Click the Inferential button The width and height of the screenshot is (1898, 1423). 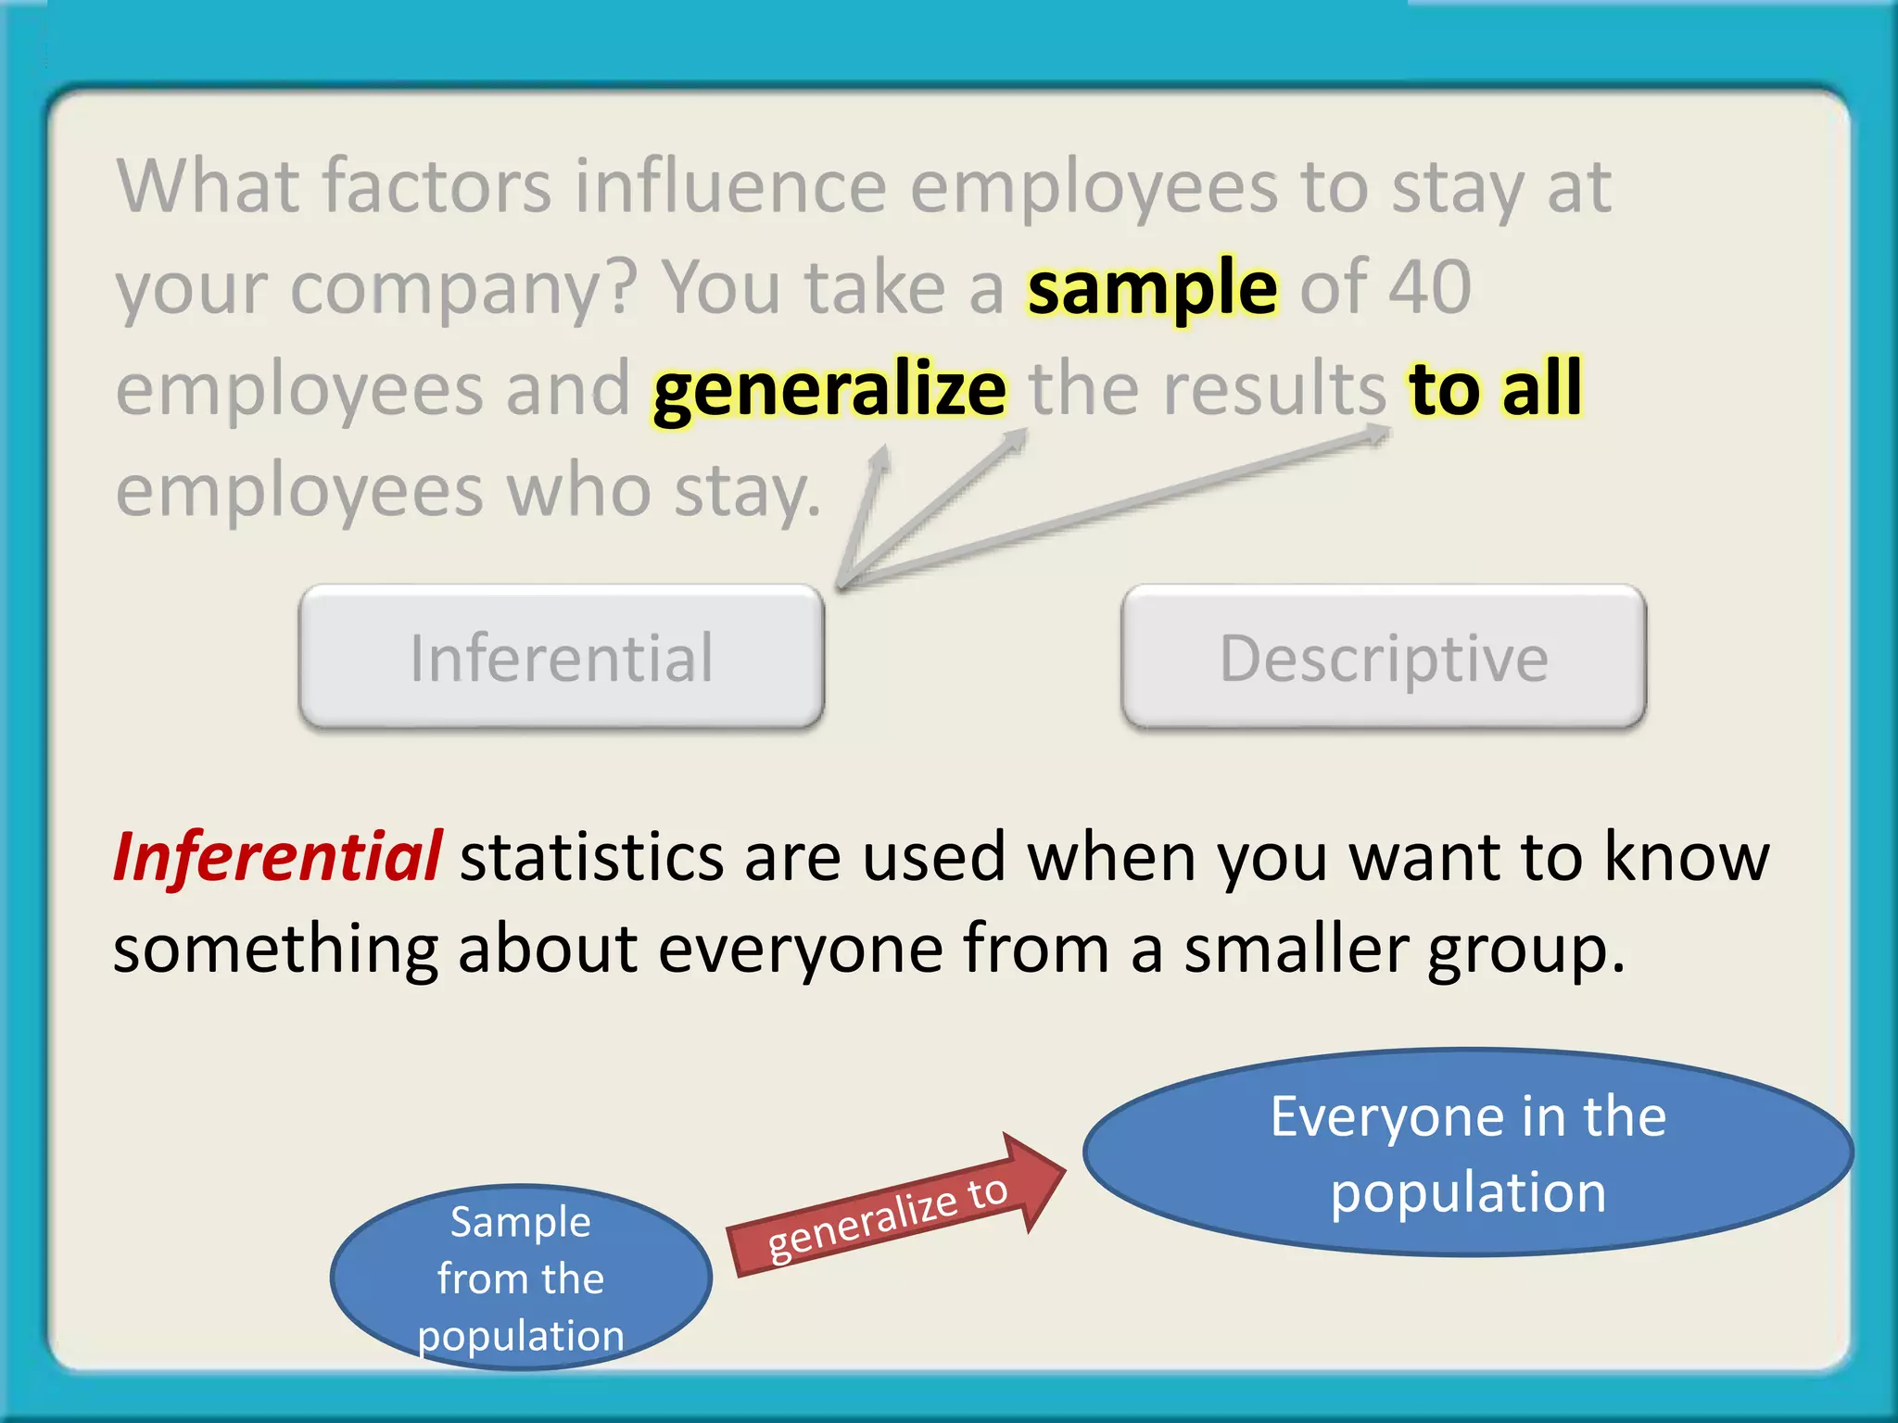(x=562, y=657)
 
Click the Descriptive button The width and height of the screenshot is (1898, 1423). (x=1384, y=657)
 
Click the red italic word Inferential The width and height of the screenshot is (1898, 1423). (x=277, y=856)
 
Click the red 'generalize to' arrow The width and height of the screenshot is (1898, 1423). (x=894, y=1210)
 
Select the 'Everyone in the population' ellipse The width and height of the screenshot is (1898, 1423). (x=1468, y=1152)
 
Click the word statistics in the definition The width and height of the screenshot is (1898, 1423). (x=591, y=858)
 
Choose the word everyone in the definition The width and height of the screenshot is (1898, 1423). (x=800, y=951)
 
